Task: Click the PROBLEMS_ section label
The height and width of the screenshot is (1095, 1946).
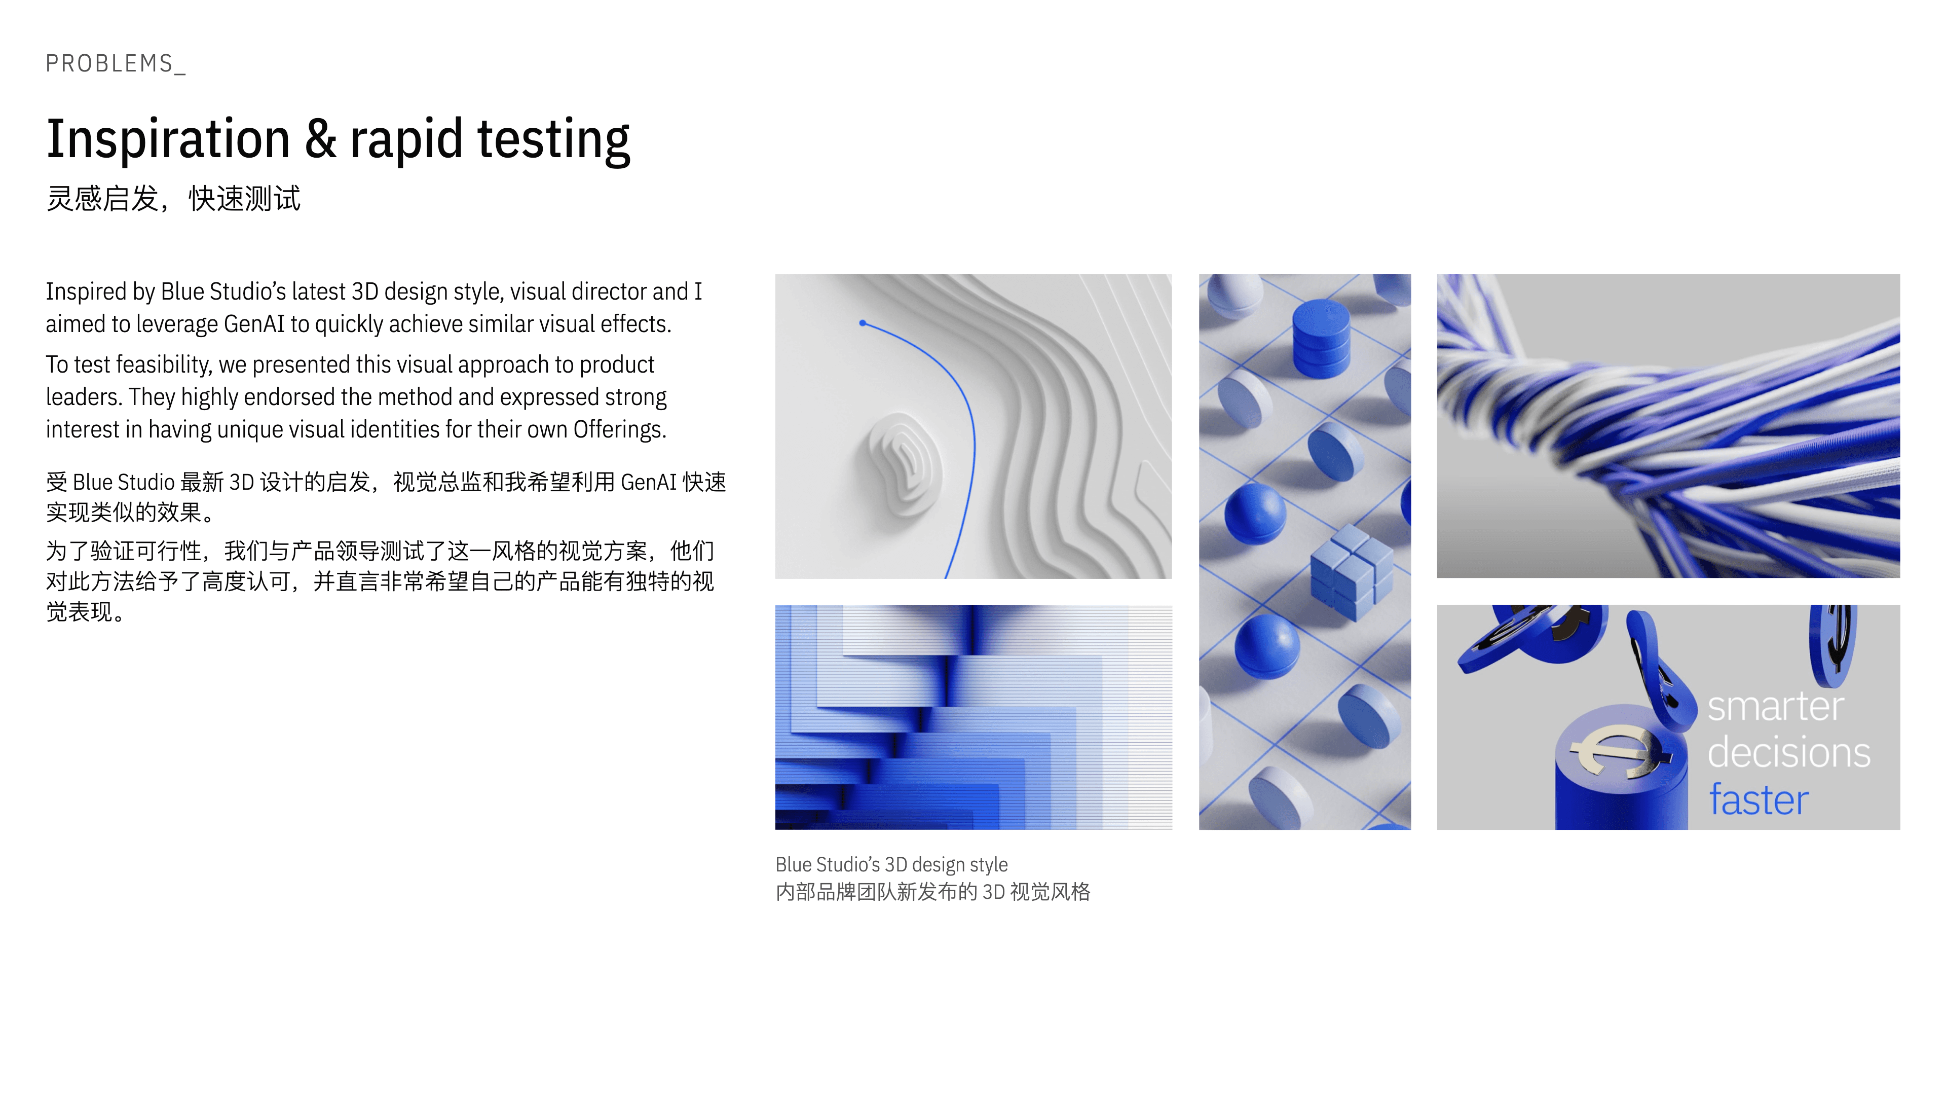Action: pyautogui.click(x=116, y=63)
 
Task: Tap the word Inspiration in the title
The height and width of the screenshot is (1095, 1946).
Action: pyautogui.click(x=168, y=140)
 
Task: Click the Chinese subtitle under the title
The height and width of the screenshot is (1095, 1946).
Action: pyautogui.click(x=173, y=199)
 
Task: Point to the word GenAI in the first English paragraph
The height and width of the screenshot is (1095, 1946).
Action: pyautogui.click(x=254, y=324)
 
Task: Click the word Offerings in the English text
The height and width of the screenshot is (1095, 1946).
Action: pyautogui.click(x=619, y=429)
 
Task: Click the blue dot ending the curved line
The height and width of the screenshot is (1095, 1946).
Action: pyautogui.click(x=863, y=323)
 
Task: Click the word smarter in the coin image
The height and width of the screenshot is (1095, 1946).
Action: pyautogui.click(x=1775, y=707)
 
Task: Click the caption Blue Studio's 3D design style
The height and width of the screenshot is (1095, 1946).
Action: pyautogui.click(x=891, y=864)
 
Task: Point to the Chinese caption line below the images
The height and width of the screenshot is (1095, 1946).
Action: pyautogui.click(x=933, y=892)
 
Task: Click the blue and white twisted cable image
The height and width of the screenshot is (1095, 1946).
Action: pyautogui.click(x=1668, y=426)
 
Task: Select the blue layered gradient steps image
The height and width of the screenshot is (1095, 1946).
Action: pyautogui.click(x=974, y=717)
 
